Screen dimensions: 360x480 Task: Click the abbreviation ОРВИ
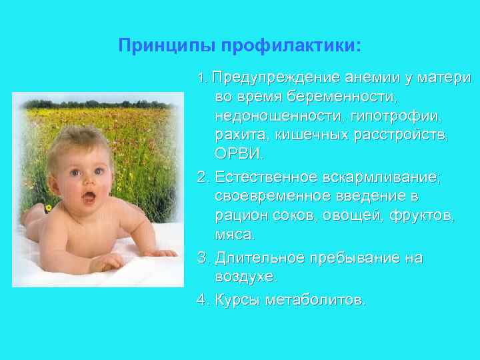click(239, 155)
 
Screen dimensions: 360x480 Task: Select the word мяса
click(234, 235)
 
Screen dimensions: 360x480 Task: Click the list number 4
click(201, 299)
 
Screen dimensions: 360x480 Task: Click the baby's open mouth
click(88, 197)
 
